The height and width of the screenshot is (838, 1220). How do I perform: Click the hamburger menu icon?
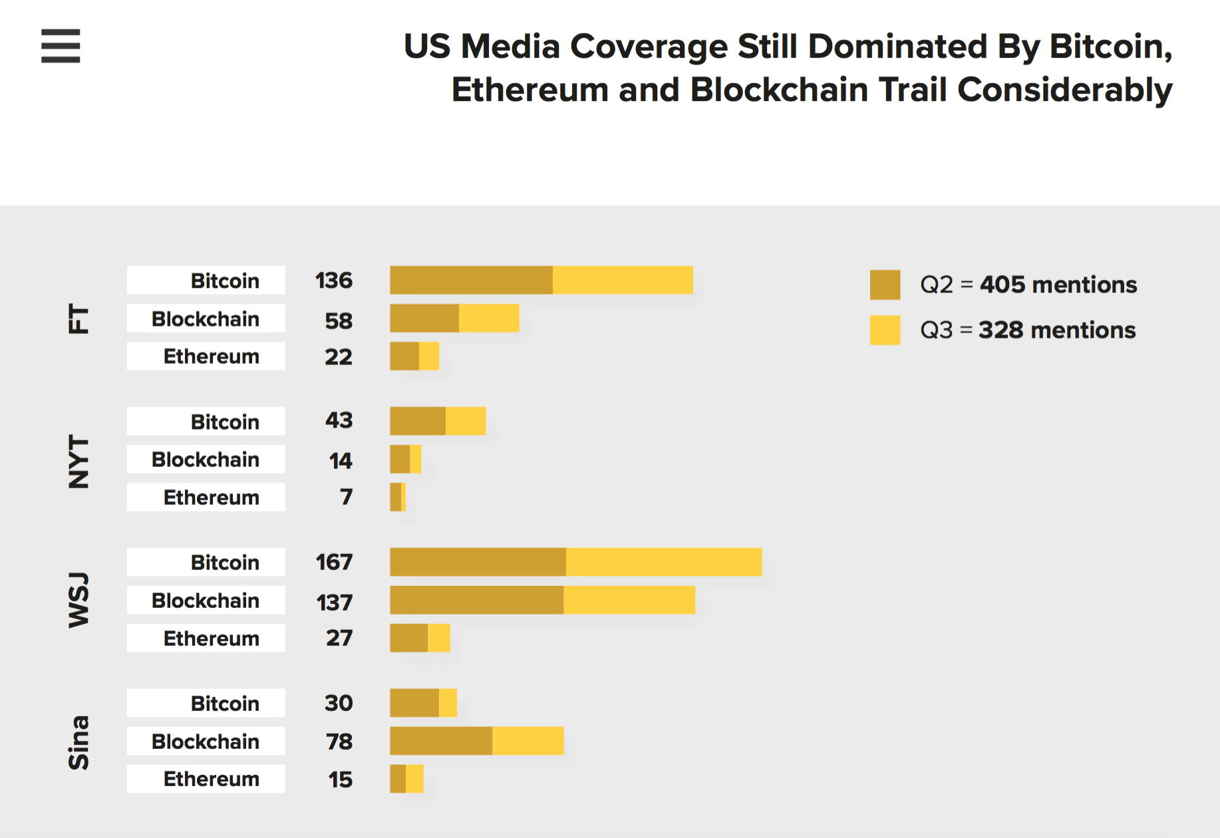[61, 46]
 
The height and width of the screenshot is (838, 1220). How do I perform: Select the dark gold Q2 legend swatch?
[885, 285]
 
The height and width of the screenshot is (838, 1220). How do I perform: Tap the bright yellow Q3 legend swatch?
[885, 330]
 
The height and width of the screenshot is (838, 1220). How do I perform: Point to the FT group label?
[78, 319]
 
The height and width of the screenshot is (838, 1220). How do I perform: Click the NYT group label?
[78, 462]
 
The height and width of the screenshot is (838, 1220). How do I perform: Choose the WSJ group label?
[78, 600]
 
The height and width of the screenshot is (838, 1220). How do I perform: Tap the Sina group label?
[78, 742]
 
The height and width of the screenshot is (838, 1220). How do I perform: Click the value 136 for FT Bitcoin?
[334, 281]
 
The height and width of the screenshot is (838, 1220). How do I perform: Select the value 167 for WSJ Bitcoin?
[334, 563]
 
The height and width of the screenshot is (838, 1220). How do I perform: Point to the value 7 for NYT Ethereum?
[346, 497]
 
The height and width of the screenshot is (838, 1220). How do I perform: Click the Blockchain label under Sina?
[206, 742]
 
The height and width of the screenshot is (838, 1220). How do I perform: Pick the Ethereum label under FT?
[212, 356]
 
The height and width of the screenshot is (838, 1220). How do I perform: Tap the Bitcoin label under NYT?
[225, 422]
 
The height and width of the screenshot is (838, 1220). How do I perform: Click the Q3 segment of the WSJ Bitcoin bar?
[664, 562]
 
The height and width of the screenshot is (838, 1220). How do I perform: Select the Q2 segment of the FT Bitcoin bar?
[471, 280]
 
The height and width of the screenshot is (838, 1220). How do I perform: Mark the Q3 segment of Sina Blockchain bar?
[528, 741]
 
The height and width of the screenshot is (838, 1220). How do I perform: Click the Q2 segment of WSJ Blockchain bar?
[476, 600]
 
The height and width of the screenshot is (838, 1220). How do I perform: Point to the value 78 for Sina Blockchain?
[339, 742]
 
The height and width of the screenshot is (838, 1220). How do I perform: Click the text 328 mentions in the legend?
[1057, 330]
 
